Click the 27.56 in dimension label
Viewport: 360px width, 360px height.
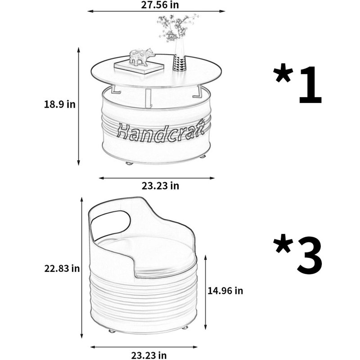tap(160, 4)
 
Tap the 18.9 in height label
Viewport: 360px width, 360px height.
tap(60, 104)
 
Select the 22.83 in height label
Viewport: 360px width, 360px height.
tap(62, 268)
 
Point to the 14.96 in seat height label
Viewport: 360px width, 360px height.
tap(225, 291)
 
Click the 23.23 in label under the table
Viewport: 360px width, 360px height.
tap(160, 186)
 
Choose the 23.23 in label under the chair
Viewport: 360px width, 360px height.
tap(149, 355)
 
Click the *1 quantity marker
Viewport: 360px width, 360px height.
tap(298, 84)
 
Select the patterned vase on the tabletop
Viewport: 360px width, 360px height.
tap(180, 54)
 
